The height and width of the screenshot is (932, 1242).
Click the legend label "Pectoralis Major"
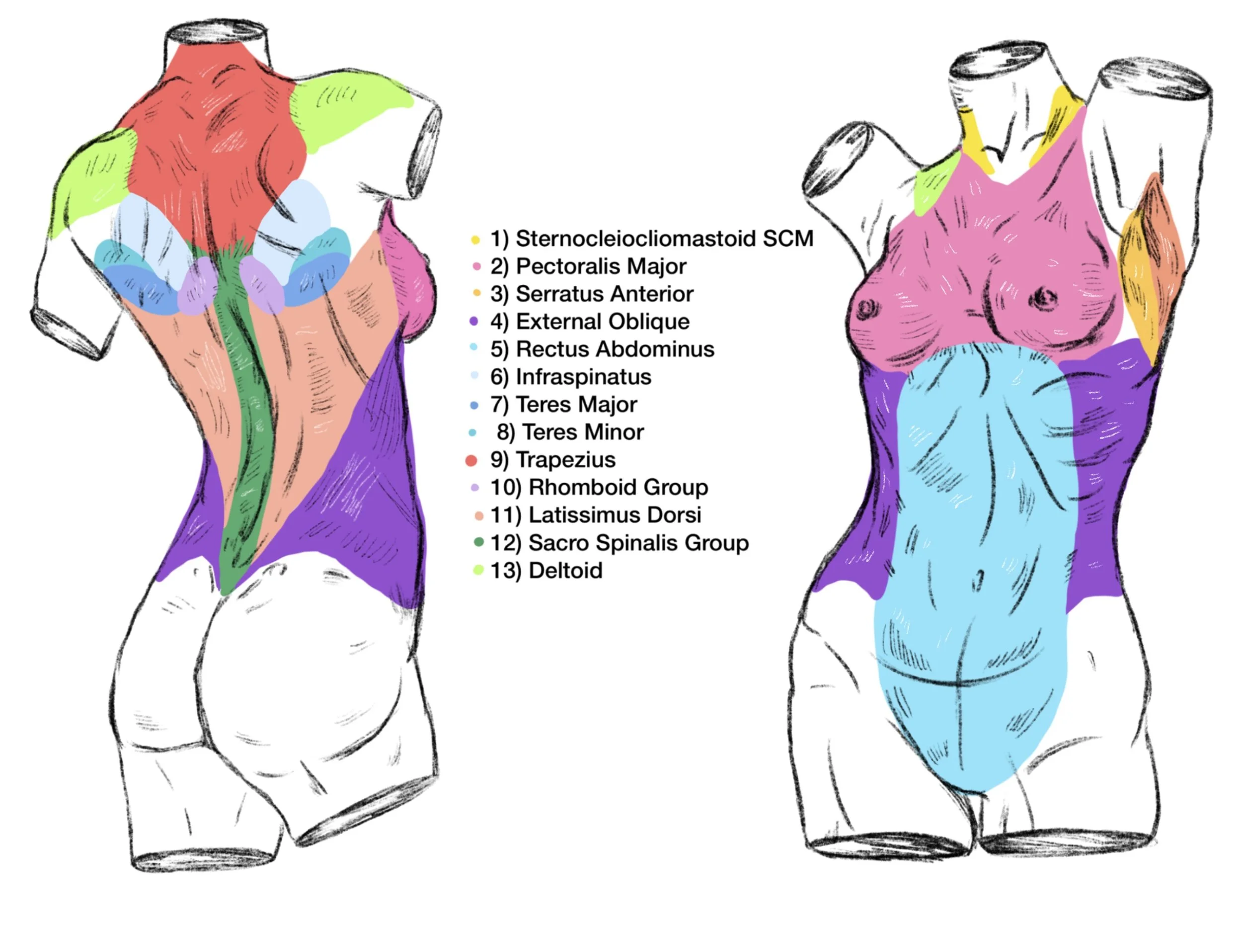pos(601,266)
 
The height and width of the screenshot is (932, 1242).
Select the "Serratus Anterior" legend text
pos(605,294)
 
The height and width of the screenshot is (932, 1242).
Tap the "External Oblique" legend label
pos(603,321)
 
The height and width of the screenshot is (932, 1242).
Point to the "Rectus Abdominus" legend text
pos(615,349)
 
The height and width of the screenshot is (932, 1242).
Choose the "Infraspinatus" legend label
pos(583,376)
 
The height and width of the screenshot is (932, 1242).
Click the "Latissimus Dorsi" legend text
pos(615,514)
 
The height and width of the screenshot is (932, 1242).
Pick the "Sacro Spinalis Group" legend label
pos(638,543)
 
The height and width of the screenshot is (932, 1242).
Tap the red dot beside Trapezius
pos(471,461)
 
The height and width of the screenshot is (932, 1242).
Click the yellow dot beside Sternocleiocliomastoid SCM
pos(475,240)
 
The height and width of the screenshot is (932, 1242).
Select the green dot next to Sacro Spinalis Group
pos(478,542)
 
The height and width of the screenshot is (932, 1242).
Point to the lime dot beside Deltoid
pos(478,570)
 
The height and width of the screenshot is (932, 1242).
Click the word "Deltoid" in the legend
pos(565,570)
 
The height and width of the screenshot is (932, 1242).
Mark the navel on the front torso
pos(978,580)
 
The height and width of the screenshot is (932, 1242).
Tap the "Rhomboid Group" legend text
pos(618,487)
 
